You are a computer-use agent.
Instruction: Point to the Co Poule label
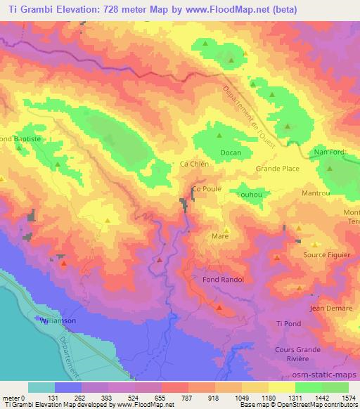(x=207, y=190)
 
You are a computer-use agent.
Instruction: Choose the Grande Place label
(x=278, y=169)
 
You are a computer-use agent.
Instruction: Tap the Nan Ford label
(x=330, y=151)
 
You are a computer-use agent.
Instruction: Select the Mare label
(x=219, y=238)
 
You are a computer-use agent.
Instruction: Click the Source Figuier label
(x=327, y=255)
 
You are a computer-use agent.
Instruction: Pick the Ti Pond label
(x=288, y=323)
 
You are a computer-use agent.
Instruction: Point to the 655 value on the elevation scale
(x=148, y=397)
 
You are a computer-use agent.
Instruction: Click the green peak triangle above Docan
(x=219, y=136)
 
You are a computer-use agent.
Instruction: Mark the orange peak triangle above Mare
(x=226, y=230)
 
